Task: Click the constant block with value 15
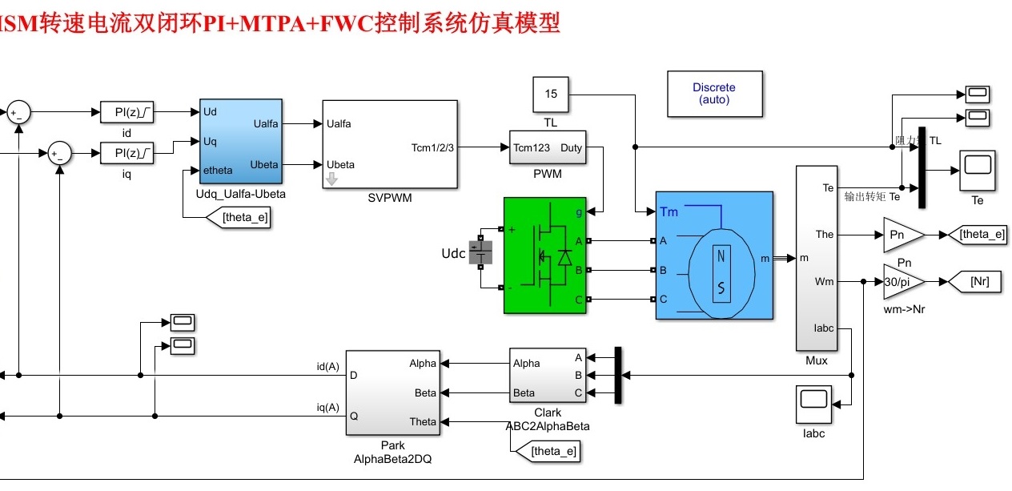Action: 551,95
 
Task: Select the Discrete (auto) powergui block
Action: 714,94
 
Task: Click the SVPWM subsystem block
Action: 390,144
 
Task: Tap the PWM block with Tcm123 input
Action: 548,148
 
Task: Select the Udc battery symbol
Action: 481,254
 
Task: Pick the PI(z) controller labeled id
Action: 127,113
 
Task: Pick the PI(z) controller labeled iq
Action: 127,152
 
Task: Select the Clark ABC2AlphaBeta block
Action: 548,377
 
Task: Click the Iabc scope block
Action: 813,404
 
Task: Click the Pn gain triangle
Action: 901,235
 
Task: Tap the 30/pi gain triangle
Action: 901,282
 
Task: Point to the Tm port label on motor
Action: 669,212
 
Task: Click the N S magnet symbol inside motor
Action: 721,272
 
